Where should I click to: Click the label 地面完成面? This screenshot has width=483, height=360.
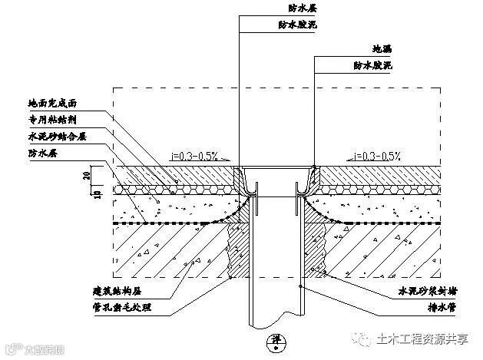tap(51, 102)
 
